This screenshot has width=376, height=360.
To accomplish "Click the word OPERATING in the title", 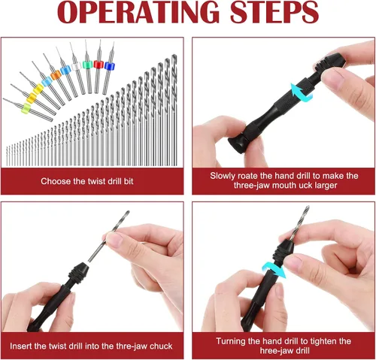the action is (138, 12).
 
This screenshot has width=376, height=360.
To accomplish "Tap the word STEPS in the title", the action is (274, 12).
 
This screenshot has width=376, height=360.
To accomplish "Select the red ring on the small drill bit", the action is (99, 65).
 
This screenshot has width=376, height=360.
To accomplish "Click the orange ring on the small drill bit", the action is (56, 74).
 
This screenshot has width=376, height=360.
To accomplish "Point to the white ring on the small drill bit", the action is (76, 67).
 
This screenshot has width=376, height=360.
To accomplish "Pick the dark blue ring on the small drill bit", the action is (109, 66).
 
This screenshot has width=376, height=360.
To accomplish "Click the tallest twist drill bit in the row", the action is (174, 110).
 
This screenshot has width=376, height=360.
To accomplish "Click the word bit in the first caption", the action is (129, 181).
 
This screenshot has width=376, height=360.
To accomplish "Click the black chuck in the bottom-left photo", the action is (77, 273).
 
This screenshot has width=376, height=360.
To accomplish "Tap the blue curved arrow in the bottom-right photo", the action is (274, 271).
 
